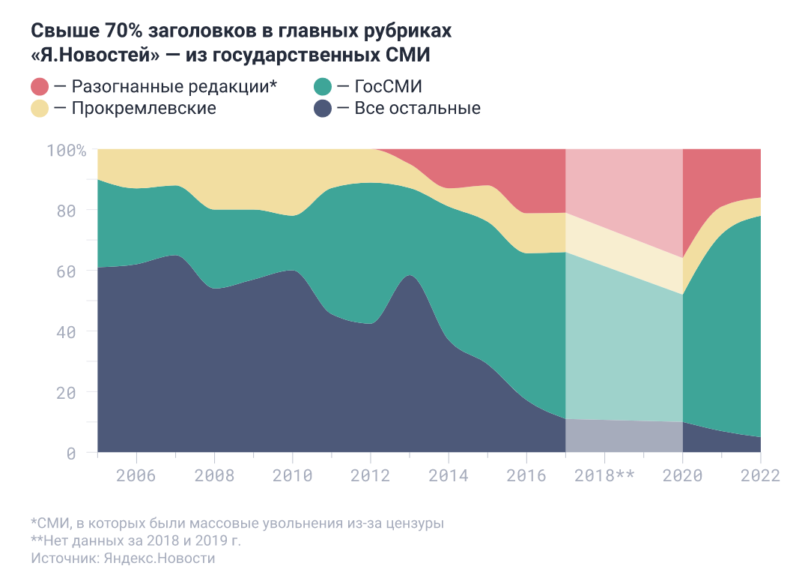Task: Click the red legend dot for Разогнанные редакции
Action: click(40, 86)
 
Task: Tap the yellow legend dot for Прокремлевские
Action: click(40, 108)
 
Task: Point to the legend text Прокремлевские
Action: click(144, 108)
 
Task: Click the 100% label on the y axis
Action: click(67, 150)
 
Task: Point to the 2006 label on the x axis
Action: click(136, 475)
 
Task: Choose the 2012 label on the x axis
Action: click(370, 475)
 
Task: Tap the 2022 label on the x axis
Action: click(759, 475)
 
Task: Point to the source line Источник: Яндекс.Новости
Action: click(123, 559)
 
